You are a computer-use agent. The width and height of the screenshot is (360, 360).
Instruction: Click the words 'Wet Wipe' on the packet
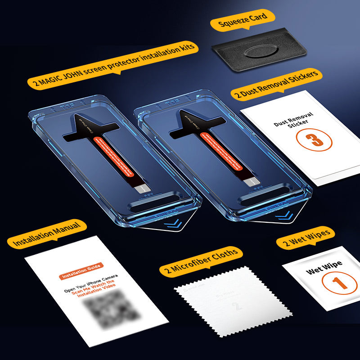pyautogui.click(x=324, y=267)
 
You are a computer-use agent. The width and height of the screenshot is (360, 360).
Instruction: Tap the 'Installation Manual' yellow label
pyautogui.click(x=46, y=234)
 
